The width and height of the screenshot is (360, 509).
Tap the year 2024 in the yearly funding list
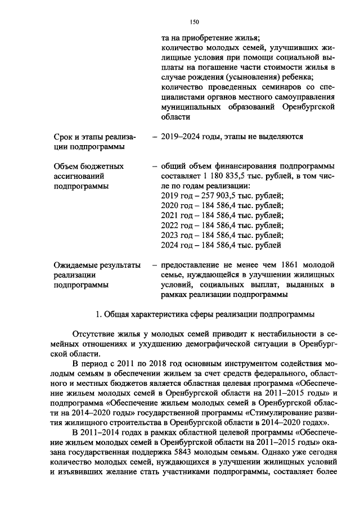pyautogui.click(x=170, y=245)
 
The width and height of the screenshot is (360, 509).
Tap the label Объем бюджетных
pyautogui.click(x=88, y=166)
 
